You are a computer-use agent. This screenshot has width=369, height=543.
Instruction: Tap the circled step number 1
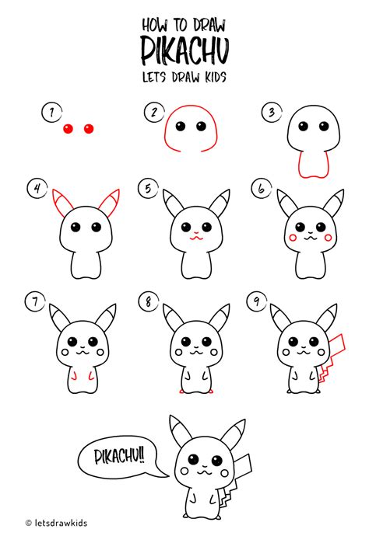pyautogui.click(x=51, y=113)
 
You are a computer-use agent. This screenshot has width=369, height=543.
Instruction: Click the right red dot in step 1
pyautogui.click(x=87, y=127)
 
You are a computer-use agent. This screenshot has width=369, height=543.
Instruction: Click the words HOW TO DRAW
pyautogui.click(x=184, y=23)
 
